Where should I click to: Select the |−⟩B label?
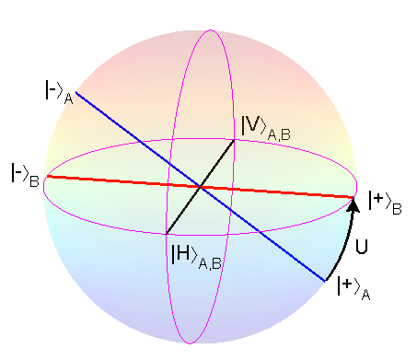25,173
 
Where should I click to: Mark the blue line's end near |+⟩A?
326,281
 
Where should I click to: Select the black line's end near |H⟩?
167,232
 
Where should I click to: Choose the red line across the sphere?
276,192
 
